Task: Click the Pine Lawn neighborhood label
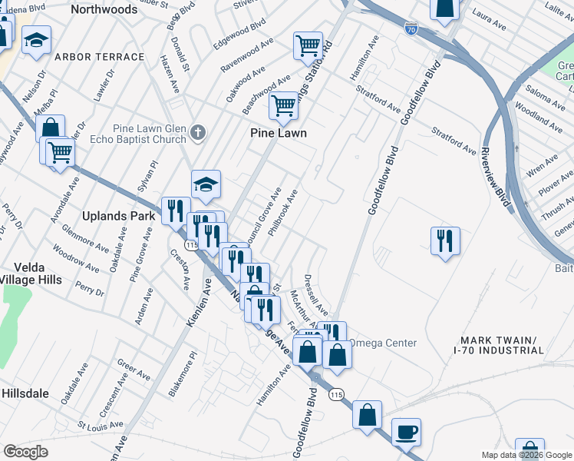tap(279, 133)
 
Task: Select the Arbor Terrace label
tap(101, 57)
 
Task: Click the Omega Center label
tap(383, 343)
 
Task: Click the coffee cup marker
tap(406, 432)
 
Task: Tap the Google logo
tap(25, 452)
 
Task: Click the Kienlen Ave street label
tap(199, 303)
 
